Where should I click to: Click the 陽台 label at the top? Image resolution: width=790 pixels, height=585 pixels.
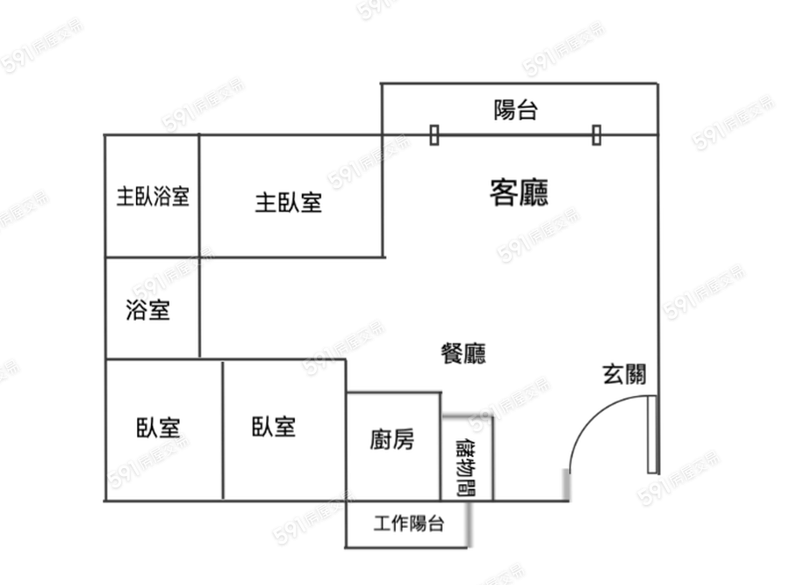515,110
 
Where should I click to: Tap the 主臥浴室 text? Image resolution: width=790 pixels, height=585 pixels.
153,196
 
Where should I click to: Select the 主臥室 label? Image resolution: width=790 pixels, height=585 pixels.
288,203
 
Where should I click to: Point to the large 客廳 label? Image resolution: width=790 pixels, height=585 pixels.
519,192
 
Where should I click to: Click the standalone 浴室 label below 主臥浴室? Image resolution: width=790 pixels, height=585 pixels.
147,310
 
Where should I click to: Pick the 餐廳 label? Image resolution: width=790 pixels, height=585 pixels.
463,353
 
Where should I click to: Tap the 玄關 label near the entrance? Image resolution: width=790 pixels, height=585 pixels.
624,374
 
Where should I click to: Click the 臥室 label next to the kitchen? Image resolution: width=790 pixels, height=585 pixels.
274,427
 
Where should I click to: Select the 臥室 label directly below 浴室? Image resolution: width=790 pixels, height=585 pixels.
158,428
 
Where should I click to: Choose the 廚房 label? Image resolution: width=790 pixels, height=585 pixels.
392,439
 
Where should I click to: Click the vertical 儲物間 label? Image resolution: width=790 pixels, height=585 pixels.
466,467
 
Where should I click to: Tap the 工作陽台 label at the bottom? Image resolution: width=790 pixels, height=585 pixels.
408,524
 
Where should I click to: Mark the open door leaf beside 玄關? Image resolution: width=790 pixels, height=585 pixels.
652,434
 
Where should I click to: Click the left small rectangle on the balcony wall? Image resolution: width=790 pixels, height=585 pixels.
434,135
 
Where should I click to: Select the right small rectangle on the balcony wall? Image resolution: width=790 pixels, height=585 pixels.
597,135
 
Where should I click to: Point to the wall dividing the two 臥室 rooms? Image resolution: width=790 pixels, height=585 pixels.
223,430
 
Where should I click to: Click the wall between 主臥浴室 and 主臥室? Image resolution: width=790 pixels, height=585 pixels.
199,196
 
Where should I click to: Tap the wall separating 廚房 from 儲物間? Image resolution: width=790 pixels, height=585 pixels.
441,447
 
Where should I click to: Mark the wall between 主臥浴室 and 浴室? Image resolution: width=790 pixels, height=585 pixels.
152,257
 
